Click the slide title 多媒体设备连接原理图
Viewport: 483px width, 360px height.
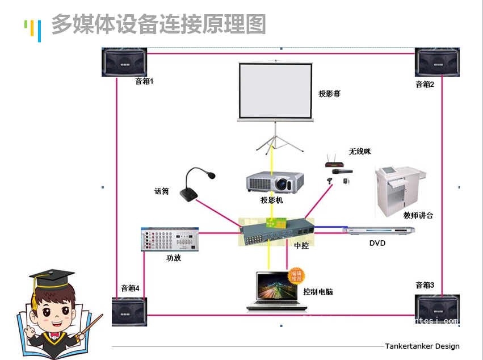158,24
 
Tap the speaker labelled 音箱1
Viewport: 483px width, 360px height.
124,62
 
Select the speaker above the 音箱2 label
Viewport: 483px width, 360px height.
438,62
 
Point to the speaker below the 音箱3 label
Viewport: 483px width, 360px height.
438,309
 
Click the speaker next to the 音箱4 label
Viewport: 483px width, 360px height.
129,311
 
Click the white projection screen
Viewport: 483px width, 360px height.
275,91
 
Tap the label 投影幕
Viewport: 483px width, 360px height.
329,94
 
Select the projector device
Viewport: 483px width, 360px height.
275,182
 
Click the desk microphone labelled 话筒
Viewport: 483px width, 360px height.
196,185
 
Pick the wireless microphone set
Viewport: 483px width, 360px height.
338,171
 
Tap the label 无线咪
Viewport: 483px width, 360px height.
359,152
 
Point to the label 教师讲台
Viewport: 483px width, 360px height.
418,216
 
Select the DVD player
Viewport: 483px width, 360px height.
378,230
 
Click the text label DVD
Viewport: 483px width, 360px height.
377,243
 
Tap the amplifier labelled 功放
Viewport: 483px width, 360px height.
170,239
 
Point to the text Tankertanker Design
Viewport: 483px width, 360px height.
422,346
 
